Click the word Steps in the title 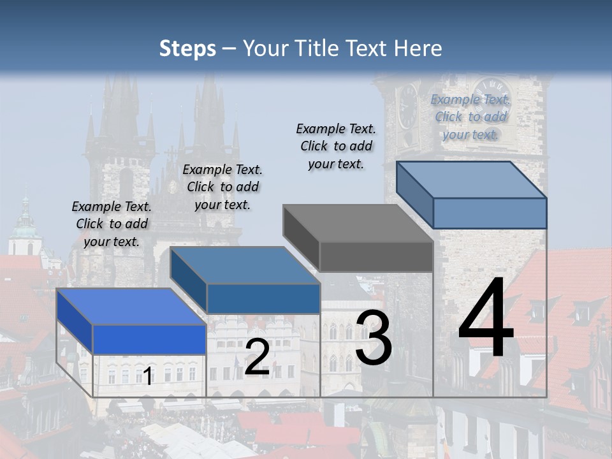pos(187,48)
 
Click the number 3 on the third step pos(374,338)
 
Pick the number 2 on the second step pos(257,357)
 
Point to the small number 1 pos(147,377)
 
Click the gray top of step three pos(357,223)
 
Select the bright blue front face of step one pos(149,339)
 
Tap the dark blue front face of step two pos(263,298)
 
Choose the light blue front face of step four pos(490,213)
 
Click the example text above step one pos(112,224)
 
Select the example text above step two pos(222,187)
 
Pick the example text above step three pos(336,146)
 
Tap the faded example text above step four pos(470,117)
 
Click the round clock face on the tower pos(492,96)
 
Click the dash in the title pos(229,48)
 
